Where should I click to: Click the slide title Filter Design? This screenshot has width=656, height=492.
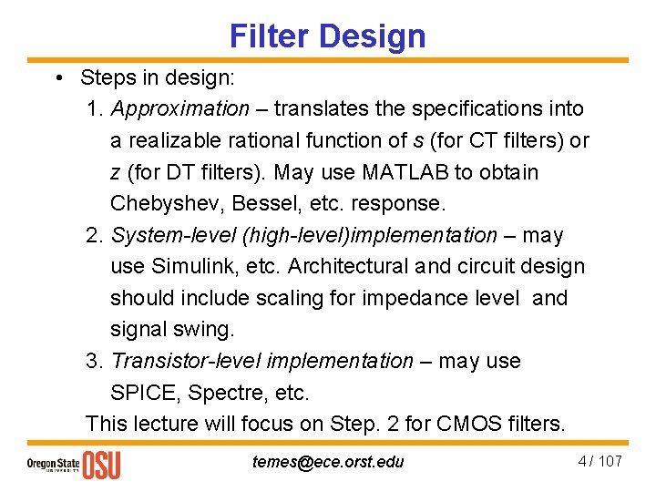click(x=327, y=36)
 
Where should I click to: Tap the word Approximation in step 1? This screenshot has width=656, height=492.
click(x=179, y=109)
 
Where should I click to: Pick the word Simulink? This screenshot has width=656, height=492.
click(x=188, y=267)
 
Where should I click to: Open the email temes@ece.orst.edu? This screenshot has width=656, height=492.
click(x=328, y=462)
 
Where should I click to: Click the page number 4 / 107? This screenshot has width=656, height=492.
click(x=600, y=461)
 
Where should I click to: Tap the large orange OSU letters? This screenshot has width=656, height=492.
click(x=101, y=465)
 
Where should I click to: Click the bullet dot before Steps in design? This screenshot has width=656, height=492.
click(x=57, y=78)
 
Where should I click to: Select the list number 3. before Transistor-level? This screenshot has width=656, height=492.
click(x=95, y=362)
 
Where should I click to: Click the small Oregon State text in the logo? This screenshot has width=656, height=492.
click(x=52, y=465)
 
